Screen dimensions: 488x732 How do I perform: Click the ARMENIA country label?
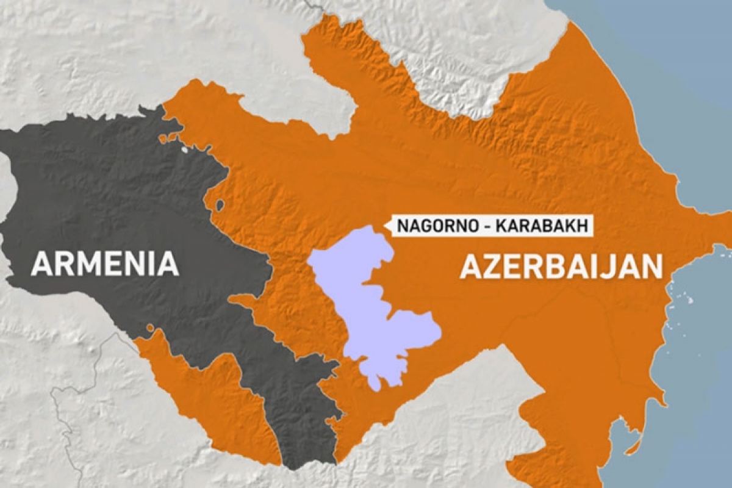(105, 264)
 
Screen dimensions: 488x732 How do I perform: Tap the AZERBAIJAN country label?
(561, 267)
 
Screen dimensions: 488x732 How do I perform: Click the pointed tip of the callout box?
(386, 226)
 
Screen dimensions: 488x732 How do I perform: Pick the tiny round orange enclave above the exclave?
(150, 328)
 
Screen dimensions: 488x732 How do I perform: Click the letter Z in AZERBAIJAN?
(493, 267)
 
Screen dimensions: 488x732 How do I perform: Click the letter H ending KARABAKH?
(583, 226)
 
